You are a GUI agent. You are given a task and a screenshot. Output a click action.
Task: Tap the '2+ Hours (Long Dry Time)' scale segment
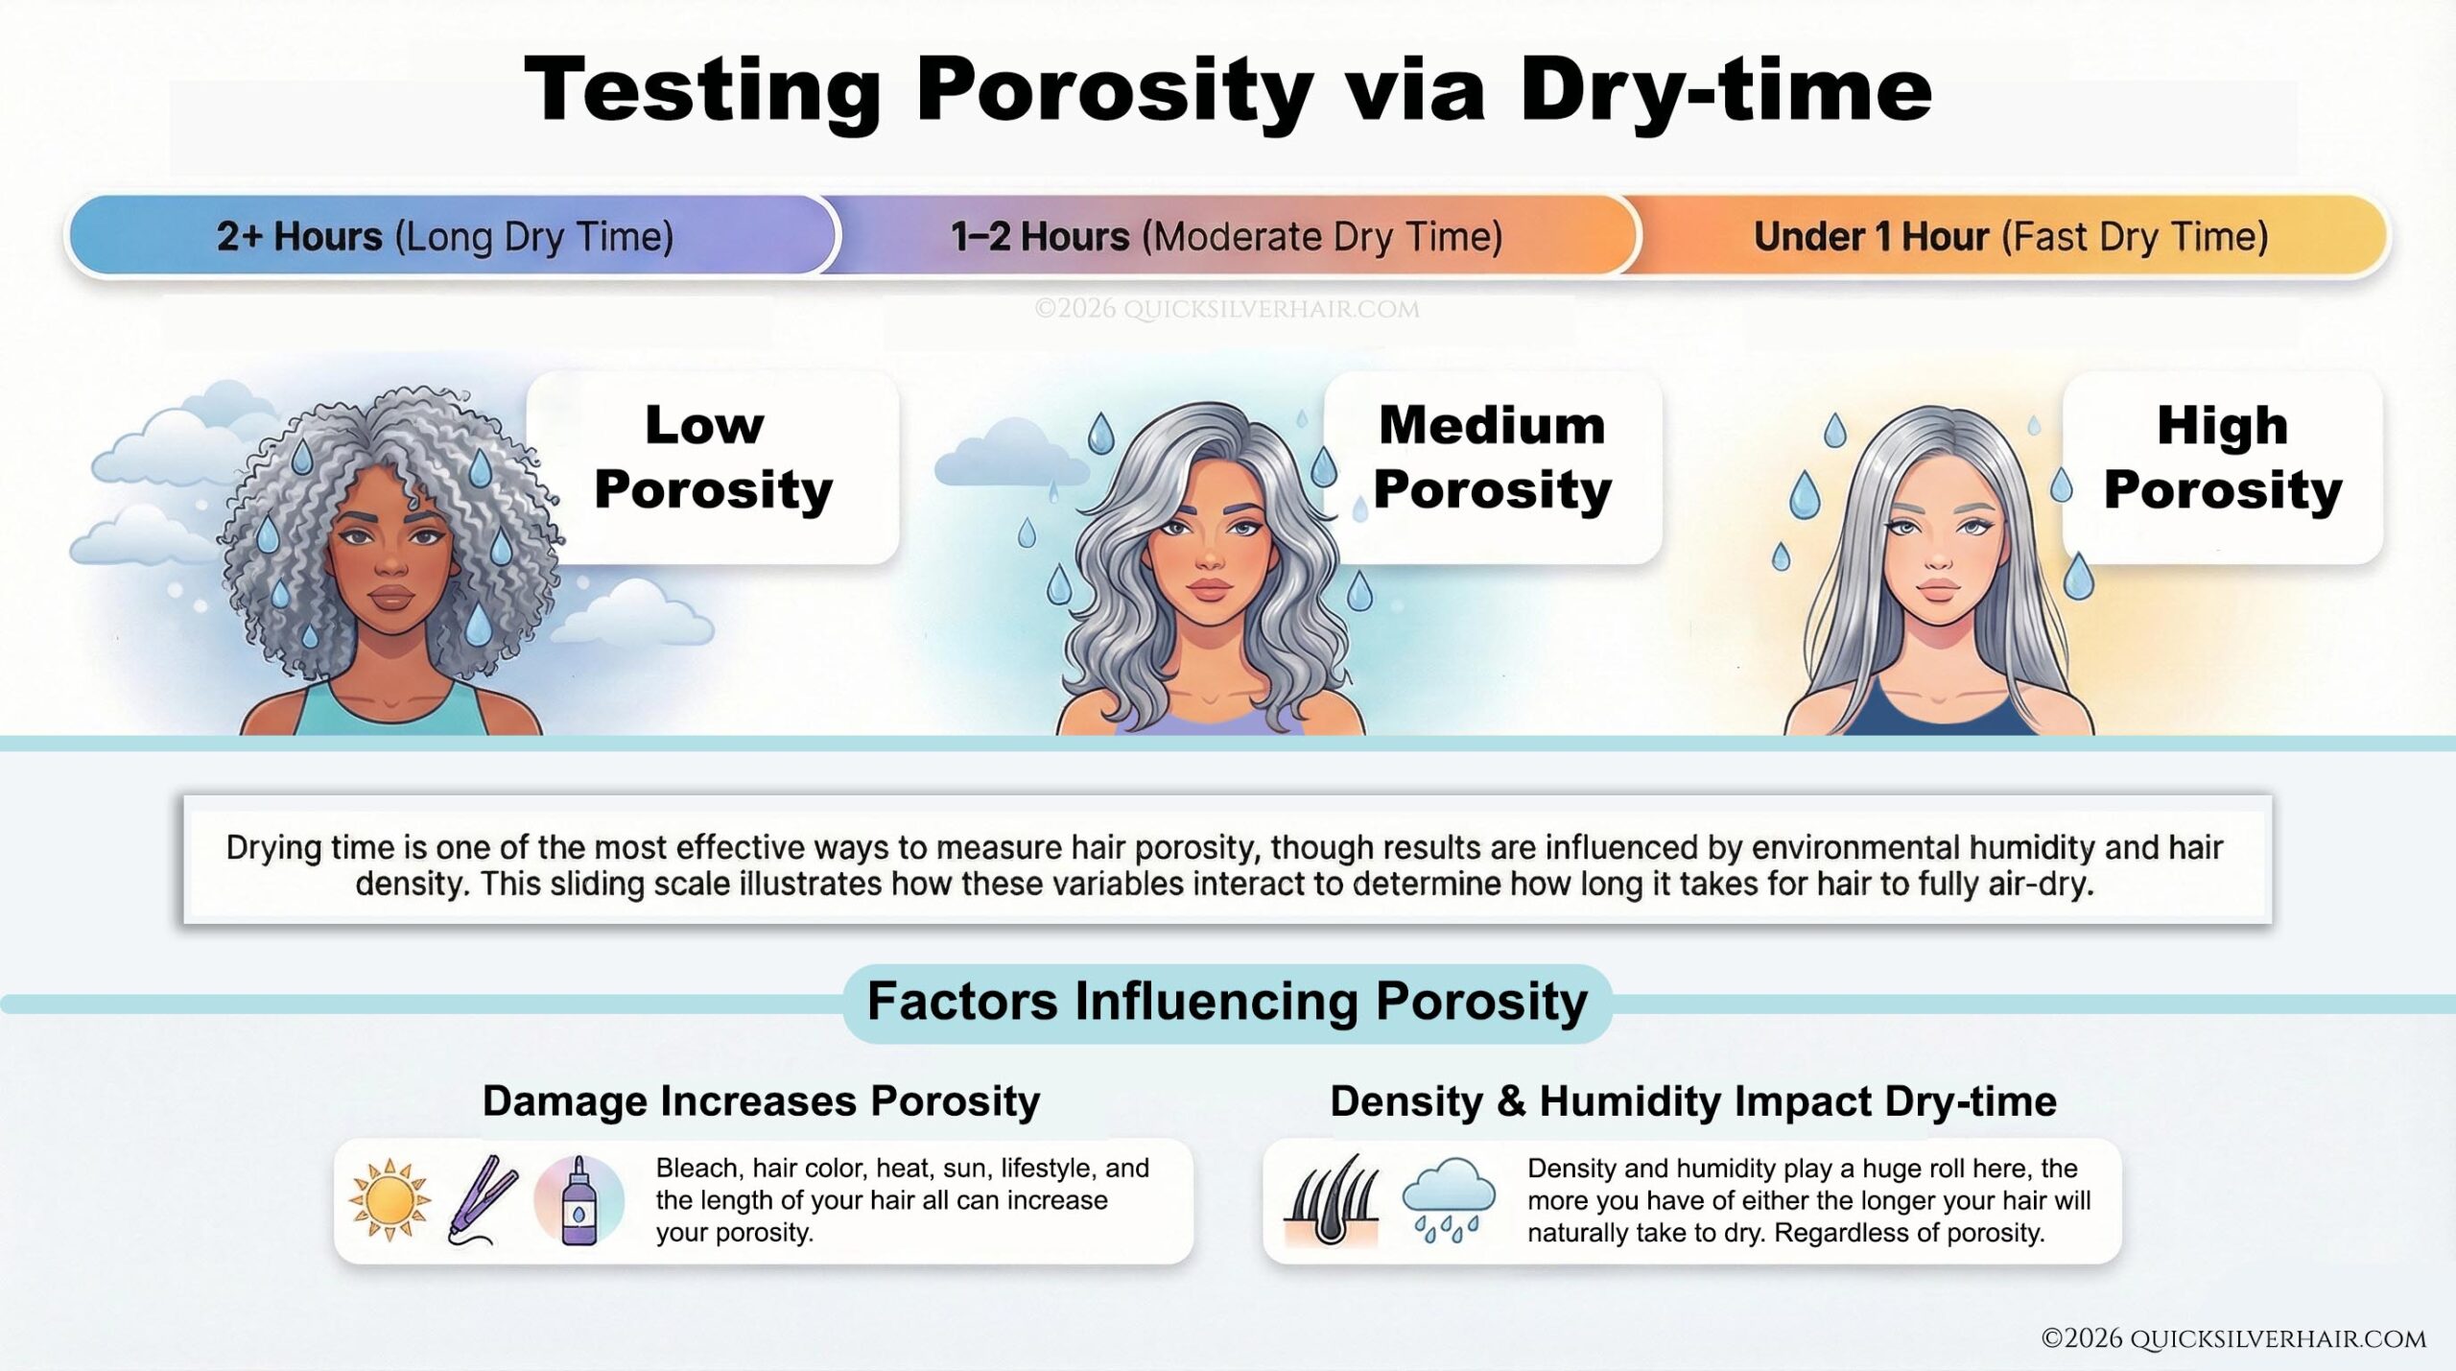click(x=445, y=236)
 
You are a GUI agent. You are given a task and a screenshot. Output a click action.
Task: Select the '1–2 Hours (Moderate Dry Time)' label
click(x=1226, y=236)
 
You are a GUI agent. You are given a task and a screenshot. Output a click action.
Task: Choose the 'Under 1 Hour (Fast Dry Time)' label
click(x=2011, y=236)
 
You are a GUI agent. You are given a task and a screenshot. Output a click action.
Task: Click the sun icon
click(x=389, y=1200)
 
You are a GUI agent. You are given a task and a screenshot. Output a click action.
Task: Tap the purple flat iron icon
click(x=483, y=1200)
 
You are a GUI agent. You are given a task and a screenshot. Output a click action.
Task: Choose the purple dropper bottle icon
click(x=579, y=1200)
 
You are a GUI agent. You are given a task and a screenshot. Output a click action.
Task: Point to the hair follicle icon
click(x=1331, y=1200)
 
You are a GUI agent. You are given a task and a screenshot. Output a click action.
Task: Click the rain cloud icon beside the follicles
click(x=1448, y=1198)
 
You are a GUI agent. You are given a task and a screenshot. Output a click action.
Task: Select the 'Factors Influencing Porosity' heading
click(x=1227, y=1003)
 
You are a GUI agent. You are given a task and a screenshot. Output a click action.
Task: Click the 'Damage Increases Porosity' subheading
click(x=761, y=1101)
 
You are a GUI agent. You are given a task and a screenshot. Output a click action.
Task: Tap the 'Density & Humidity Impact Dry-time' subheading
click(x=1692, y=1101)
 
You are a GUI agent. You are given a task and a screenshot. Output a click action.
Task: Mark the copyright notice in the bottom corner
click(x=2232, y=1338)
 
